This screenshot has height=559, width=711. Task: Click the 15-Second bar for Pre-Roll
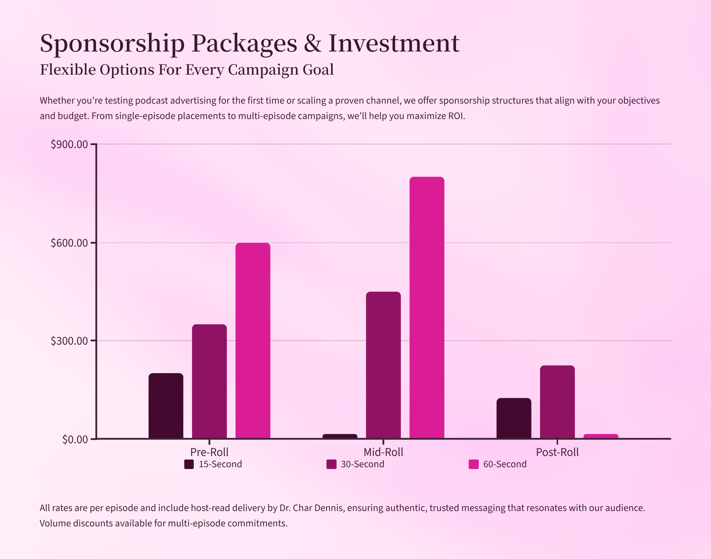point(166,406)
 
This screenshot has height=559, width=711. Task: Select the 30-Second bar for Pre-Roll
point(209,381)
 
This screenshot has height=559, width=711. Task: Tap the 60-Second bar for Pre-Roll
point(253,340)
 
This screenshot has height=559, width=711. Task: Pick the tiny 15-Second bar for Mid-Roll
point(340,436)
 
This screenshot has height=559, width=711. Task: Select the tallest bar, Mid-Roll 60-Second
point(427,307)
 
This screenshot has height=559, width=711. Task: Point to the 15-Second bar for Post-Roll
point(513,418)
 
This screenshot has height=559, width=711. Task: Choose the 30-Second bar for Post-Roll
point(557,401)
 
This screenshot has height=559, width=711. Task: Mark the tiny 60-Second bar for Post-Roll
point(600,436)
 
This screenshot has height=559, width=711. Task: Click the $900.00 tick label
point(69,144)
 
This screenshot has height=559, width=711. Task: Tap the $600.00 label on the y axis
point(69,243)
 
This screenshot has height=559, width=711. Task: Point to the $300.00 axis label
point(69,341)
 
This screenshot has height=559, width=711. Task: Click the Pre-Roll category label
point(209,452)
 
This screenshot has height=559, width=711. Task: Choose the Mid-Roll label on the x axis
point(383,452)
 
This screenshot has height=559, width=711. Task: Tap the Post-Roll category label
point(557,452)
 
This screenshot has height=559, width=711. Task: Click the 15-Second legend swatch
point(189,464)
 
